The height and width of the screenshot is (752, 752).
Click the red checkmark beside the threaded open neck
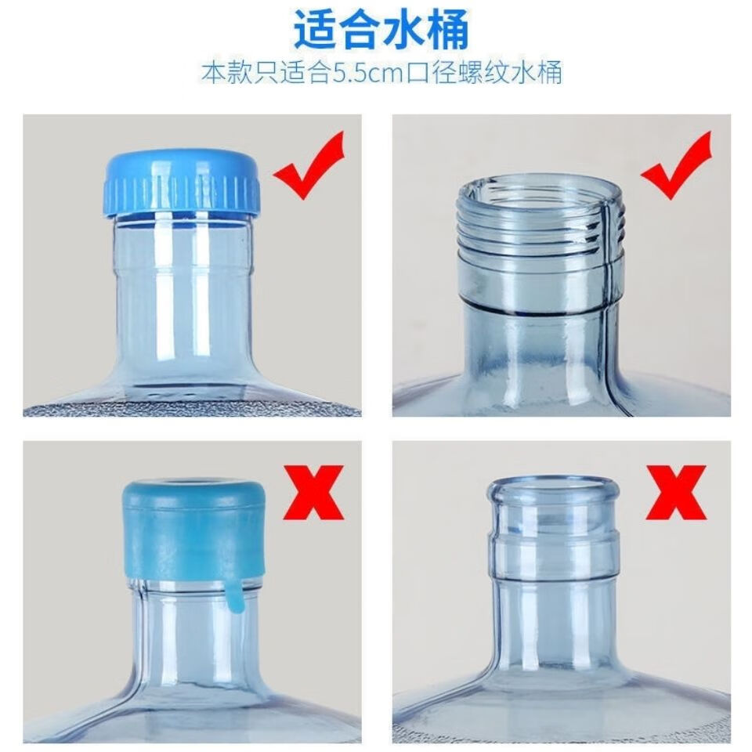click(676, 164)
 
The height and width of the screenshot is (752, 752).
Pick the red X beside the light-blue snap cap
click(313, 492)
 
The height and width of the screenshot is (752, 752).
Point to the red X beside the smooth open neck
click(675, 492)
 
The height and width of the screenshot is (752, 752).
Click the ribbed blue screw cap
click(183, 181)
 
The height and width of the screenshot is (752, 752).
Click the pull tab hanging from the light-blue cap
click(234, 595)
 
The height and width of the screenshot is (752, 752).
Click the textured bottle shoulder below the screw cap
click(192, 407)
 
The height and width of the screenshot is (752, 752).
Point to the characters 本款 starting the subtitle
click(226, 73)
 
